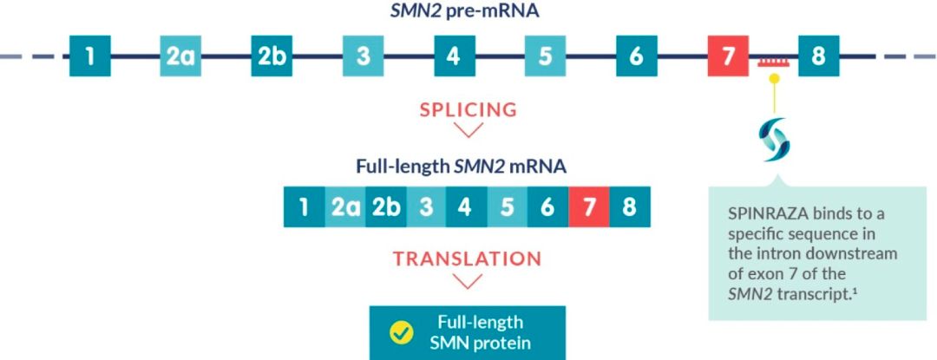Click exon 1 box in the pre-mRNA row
pos(90,56)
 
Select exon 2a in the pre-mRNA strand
pos(180,56)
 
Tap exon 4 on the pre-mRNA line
pos(454,56)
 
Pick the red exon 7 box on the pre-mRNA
pos(728,56)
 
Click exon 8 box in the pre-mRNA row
pos(819,56)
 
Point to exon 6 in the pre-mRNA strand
pos(637,56)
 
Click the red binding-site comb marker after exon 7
pos(773,62)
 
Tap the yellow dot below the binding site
pos(774,78)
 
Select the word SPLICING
pos(468,110)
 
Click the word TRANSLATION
pos(468,259)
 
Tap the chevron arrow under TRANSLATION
pos(468,281)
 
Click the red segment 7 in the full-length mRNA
pos(588,206)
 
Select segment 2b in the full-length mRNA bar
pos(385,206)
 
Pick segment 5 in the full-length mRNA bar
pos(508,206)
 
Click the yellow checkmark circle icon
pos(401,333)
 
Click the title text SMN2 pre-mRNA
pos(464,11)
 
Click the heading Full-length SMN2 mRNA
pos(461,166)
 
